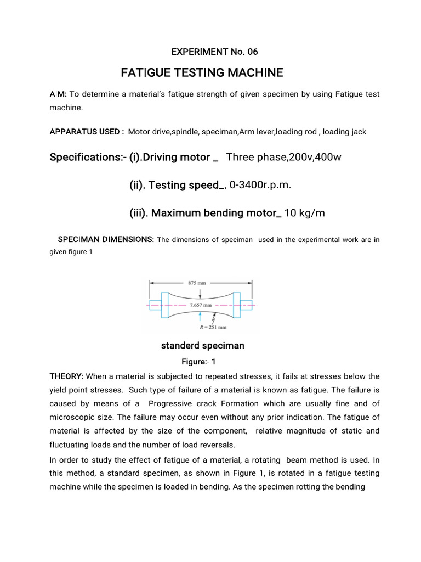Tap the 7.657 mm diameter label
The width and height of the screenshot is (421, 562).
(x=201, y=303)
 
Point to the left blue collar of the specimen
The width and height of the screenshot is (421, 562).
(x=165, y=304)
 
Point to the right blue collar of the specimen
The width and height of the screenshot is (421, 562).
(x=237, y=304)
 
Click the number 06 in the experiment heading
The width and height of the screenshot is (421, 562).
(x=252, y=52)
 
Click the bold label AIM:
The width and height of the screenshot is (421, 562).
(x=58, y=94)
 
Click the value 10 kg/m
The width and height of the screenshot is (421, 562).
(x=305, y=213)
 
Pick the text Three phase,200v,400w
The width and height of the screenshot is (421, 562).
(x=283, y=158)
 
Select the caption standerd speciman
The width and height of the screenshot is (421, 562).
(x=202, y=346)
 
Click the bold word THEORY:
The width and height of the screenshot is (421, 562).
(x=67, y=376)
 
